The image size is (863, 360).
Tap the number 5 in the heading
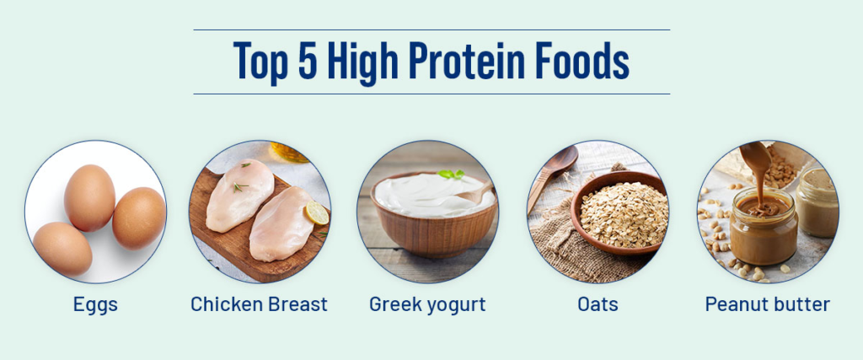[x=308, y=61]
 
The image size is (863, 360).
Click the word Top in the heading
[x=260, y=62]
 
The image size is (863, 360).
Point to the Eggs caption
[x=95, y=304]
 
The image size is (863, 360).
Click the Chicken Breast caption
[x=259, y=304]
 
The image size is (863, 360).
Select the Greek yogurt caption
[x=427, y=304]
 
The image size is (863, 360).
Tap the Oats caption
[x=598, y=304]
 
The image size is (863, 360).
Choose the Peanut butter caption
[x=767, y=304]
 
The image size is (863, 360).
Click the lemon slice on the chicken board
[x=317, y=212]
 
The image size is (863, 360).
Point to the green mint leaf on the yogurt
[x=452, y=174]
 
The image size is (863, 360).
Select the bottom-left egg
[x=62, y=248]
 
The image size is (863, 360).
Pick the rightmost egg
[x=139, y=218]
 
